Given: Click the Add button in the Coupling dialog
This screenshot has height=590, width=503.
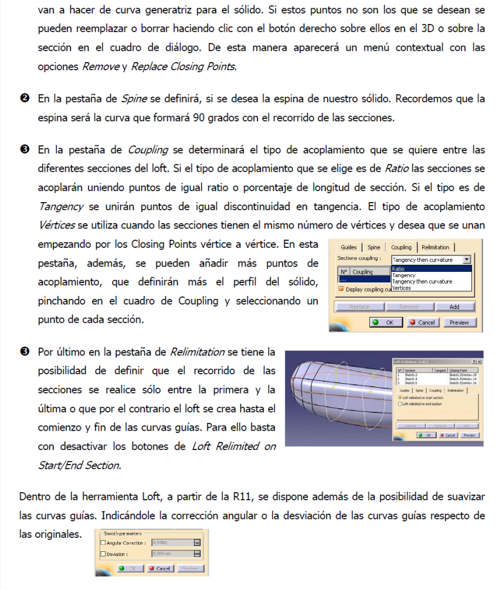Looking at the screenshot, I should [x=454, y=307].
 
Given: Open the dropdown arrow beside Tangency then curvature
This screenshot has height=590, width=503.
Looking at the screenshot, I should [x=467, y=259].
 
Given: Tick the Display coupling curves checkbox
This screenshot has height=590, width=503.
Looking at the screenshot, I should [x=341, y=289].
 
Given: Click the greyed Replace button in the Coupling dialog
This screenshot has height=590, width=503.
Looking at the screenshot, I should [x=359, y=307].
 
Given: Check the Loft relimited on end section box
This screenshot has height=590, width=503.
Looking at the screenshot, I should [x=400, y=404].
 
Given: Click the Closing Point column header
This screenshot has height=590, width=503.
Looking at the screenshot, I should [x=463, y=370].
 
